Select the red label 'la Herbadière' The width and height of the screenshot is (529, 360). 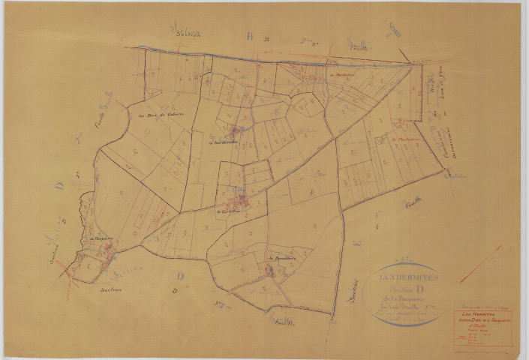point(341,75)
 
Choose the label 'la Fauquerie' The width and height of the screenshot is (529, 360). point(101,240)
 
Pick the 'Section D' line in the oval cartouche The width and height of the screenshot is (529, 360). point(409,284)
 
